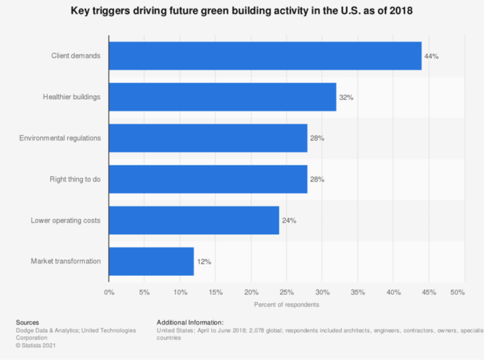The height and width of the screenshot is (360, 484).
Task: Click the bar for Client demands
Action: point(265,56)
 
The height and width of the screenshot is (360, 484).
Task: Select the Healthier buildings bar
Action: point(222,97)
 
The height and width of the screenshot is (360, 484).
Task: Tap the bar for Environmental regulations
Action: point(208,138)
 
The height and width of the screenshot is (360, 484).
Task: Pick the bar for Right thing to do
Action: point(208,179)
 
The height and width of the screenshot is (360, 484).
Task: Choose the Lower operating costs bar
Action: point(194,220)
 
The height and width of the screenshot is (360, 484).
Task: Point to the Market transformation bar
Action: point(151,261)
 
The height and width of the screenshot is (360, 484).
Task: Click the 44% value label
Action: point(431,56)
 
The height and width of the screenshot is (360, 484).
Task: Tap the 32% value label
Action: point(346,97)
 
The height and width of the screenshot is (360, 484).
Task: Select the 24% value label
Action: point(289,220)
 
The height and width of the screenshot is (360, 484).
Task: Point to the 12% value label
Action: point(204,261)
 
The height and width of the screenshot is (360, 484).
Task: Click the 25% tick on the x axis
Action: point(287,292)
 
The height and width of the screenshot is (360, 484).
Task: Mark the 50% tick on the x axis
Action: point(457,292)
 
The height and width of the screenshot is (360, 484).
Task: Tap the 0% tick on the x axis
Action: point(109,292)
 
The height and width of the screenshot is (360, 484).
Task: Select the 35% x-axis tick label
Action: point(358,292)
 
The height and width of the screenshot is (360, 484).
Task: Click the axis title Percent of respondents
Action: point(286,304)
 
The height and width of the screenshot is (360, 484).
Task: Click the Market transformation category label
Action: point(65,261)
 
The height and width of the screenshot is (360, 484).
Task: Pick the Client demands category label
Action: point(76,56)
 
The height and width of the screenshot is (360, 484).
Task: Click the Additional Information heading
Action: point(190,322)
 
